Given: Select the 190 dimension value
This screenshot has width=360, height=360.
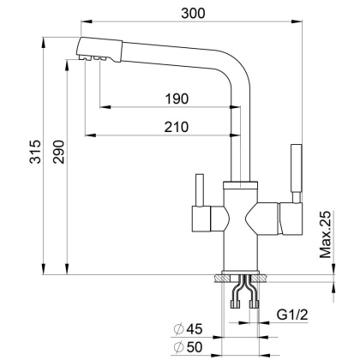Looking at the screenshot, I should coord(177,99).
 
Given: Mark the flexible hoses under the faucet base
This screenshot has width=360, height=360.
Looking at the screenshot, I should coord(244,295).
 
